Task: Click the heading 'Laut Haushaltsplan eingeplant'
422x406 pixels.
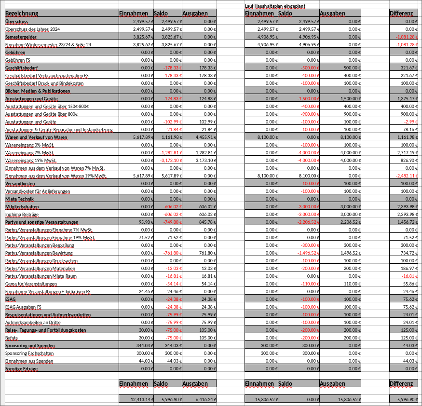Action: coord(275,6)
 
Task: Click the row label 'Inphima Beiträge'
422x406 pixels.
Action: coord(22,214)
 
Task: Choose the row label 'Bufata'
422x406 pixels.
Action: coord(12,338)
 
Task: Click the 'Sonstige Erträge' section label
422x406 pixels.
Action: coord(21,368)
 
